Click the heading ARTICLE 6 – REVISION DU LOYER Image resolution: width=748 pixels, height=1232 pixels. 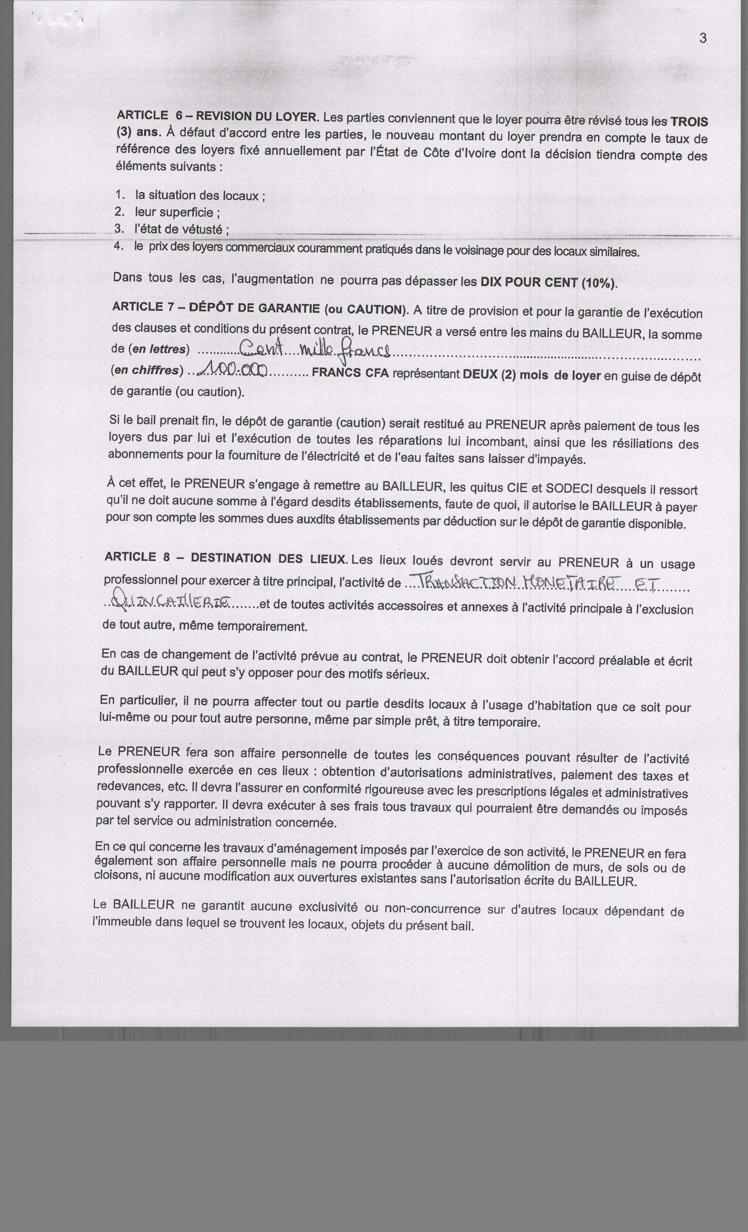coord(217,116)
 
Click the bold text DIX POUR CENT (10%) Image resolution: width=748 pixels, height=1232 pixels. coord(549,282)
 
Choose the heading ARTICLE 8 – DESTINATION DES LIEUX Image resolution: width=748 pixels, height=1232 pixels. coord(226,558)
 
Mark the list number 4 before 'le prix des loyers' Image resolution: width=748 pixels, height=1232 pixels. coord(118,246)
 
